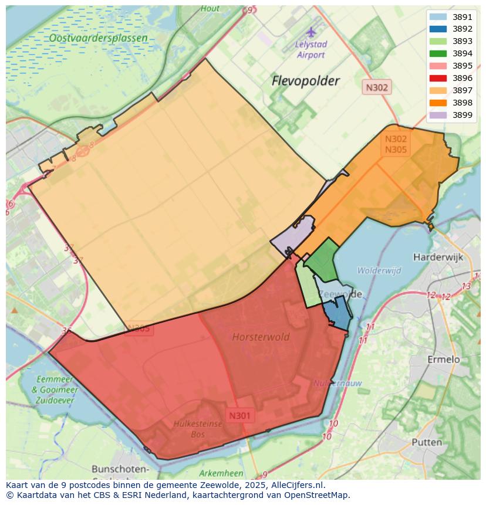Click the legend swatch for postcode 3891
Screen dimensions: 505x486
click(x=438, y=17)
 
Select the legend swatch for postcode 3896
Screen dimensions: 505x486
click(x=438, y=78)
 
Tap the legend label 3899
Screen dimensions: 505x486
click(x=463, y=115)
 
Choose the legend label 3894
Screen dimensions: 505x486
click(x=463, y=53)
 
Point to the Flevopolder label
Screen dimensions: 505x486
click(x=305, y=81)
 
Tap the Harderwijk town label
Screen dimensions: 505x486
click(x=438, y=257)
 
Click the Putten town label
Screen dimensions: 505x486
click(x=427, y=442)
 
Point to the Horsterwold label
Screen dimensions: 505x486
click(x=261, y=337)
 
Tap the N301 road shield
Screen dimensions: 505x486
click(x=239, y=416)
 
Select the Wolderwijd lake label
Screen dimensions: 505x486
click(x=379, y=270)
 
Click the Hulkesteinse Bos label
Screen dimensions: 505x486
click(x=198, y=429)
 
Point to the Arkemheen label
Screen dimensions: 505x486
click(x=221, y=473)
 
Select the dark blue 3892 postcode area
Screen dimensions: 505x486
click(x=338, y=314)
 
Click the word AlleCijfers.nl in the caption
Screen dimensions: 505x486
click(x=296, y=485)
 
